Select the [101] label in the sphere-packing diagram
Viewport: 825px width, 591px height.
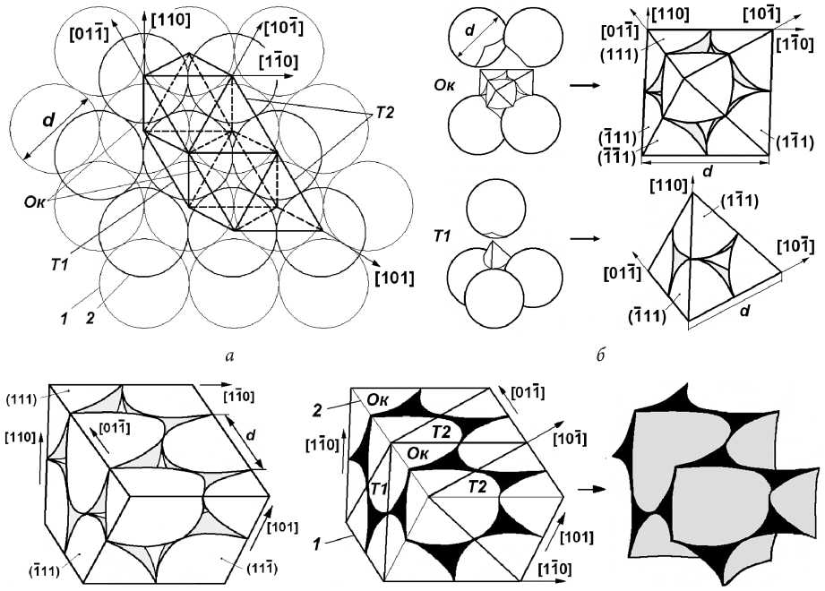coord(395,277)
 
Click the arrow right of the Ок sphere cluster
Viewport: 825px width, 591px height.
coord(584,88)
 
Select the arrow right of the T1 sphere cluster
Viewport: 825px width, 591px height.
coord(584,239)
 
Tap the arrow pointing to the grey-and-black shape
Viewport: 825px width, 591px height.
coord(588,490)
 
